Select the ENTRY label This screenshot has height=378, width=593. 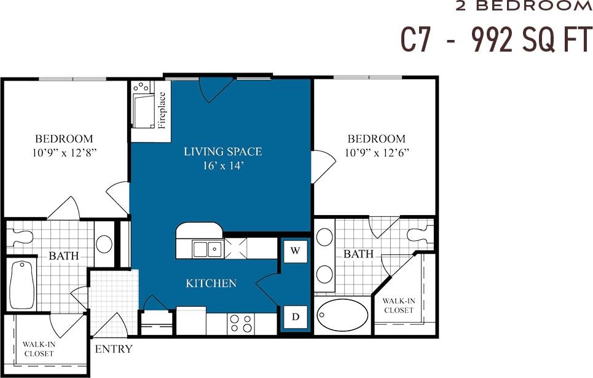pyautogui.click(x=113, y=350)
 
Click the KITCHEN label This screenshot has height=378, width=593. pyautogui.click(x=211, y=283)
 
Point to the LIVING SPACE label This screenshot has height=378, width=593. pyautogui.click(x=222, y=151)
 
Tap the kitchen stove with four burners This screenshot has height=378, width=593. pyautogui.click(x=240, y=323)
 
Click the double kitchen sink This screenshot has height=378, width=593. pyautogui.click(x=207, y=249)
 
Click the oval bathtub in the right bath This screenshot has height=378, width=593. pyautogui.click(x=342, y=315)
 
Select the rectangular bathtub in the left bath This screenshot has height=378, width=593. pyautogui.click(x=22, y=285)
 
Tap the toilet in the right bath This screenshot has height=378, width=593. pyautogui.click(x=420, y=234)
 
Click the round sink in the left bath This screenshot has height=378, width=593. pyautogui.click(x=104, y=244)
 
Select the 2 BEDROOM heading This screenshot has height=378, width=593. pyautogui.click(x=524, y=6)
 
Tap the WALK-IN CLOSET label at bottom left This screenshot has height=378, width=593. pyautogui.click(x=39, y=348)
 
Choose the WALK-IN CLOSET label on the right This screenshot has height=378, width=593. pyautogui.click(x=398, y=305)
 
